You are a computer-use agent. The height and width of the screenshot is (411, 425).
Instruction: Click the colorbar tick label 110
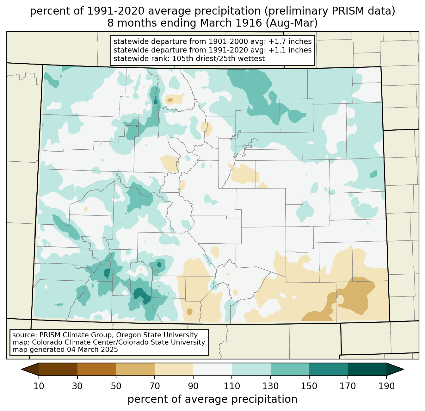pos(232,386)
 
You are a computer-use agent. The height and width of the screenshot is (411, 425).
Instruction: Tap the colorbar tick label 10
pos(39,386)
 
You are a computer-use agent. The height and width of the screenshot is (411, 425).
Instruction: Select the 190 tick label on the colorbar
pos(386,386)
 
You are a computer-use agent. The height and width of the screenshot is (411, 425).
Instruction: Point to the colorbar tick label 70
pos(155,386)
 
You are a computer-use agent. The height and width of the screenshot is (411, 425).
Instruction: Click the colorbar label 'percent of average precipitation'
pos(212,399)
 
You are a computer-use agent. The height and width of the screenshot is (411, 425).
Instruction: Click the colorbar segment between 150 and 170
pos(329,370)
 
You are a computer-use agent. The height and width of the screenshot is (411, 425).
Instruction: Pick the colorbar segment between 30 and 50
pos(97,370)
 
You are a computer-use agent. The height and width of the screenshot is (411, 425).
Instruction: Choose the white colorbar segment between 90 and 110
pos(212,370)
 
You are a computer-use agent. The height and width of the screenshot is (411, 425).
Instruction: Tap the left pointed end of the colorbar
pos(22,370)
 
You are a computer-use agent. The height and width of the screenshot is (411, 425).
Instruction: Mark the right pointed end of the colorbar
pos(403,370)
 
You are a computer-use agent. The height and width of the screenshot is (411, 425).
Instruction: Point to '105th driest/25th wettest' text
pos(219,59)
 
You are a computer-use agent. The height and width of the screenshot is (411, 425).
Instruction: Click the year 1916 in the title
pos(250,23)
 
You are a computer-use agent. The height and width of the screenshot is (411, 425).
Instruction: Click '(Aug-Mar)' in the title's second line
pos(292,23)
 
